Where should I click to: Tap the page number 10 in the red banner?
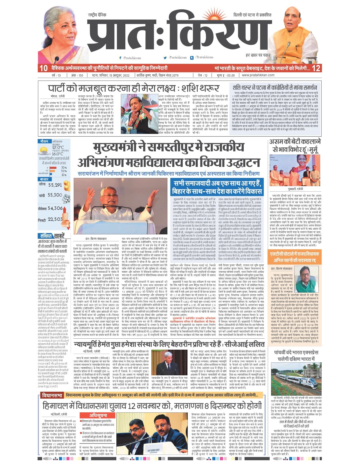click(43, 68)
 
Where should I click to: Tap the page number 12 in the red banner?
click(316, 68)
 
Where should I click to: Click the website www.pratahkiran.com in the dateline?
click(258, 75)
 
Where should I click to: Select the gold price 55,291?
click(55, 185)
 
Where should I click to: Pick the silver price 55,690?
click(55, 195)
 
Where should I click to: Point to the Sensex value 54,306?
click(55, 208)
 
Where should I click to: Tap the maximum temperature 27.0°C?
click(58, 147)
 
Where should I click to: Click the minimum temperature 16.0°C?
click(57, 154)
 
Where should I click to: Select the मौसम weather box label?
click(44, 141)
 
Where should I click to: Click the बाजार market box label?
click(44, 179)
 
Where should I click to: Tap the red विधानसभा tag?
click(52, 395)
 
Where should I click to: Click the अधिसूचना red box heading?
click(98, 415)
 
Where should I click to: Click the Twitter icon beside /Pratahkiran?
click(165, 58)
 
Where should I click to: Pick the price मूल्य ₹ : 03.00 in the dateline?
click(226, 75)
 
